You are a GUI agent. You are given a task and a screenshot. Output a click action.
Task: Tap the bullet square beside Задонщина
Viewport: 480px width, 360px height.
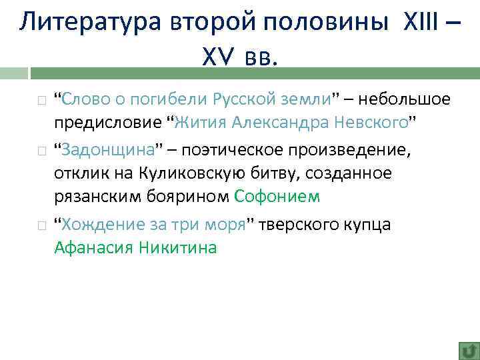pos(41,150)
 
